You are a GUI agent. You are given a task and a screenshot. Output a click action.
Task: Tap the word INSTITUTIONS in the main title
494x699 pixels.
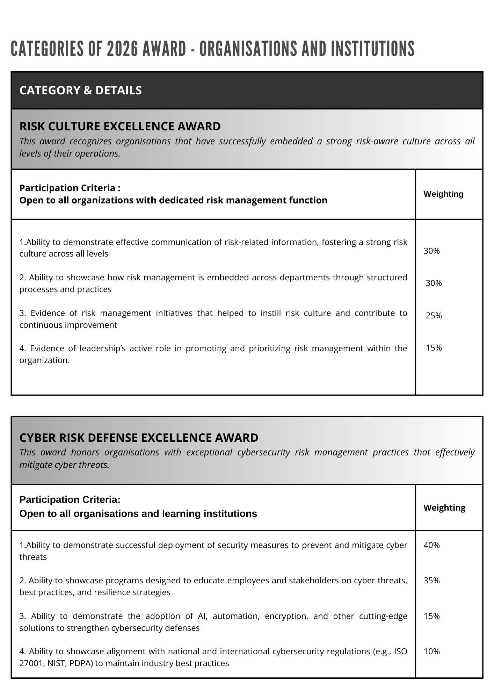tap(372, 48)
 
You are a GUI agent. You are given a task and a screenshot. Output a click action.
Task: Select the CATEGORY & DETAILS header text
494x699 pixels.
tap(81, 90)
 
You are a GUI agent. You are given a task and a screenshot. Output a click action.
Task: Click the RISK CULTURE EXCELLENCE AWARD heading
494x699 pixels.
tap(120, 126)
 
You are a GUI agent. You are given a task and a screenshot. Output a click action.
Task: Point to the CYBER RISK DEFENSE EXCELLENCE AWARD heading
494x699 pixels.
tap(139, 438)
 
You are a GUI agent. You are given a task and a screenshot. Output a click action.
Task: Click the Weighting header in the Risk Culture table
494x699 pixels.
tap(443, 194)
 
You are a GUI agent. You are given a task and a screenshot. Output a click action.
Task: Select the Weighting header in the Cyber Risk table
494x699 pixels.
tap(444, 507)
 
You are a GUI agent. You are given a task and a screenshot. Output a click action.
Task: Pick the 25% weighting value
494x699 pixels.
tap(434, 316)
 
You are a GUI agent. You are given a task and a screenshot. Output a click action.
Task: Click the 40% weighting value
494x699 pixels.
tap(431, 545)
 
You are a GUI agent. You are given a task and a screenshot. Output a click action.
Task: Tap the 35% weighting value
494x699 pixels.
tap(431, 581)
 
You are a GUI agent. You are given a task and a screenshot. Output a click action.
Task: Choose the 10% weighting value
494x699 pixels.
tap(431, 651)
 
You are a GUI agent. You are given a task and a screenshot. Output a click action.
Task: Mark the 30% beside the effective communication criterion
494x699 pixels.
tap(431, 251)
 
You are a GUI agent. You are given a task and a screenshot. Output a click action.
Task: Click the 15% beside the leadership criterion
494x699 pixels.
tap(434, 348)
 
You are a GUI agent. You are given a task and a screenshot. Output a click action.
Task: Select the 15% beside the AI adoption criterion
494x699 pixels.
tap(431, 616)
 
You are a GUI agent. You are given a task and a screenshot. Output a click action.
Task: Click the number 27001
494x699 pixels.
tap(30, 663)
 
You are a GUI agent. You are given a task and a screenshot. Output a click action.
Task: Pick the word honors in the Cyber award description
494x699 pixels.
tap(83, 452)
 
